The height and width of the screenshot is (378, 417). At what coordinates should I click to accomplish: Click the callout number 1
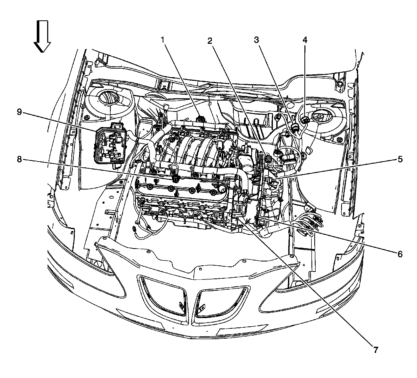pos(162,40)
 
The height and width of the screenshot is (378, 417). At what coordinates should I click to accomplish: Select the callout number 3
pos(256,40)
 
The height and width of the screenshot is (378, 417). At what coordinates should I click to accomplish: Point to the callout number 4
pos(305,40)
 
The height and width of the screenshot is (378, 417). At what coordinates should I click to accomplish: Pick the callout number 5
pos(400,159)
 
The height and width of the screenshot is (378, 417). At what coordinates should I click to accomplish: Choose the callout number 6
pos(400,253)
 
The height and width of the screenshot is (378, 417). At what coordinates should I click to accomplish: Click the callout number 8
pos(19,159)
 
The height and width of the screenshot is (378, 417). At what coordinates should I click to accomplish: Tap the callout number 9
pos(19,112)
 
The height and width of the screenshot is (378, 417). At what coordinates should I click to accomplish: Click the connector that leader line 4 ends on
pos(304,120)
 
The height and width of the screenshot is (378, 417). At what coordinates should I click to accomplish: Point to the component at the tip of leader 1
pos(201,119)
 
